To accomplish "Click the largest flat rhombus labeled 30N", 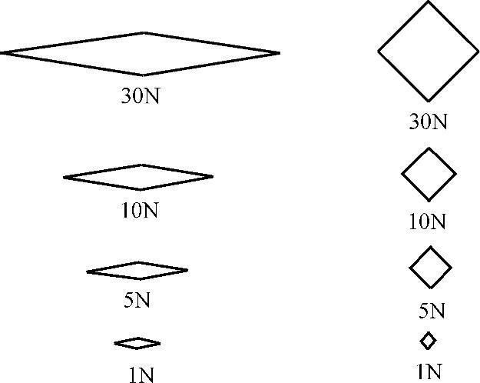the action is point(141,54).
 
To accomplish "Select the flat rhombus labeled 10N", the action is point(138,177).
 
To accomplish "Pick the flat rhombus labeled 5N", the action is point(137,271).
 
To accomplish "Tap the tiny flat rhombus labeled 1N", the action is point(137,343).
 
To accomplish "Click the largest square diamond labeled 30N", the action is point(429,52).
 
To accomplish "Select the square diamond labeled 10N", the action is point(429,175).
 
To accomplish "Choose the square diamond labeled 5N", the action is point(431,268).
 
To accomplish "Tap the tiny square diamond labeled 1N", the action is point(428,340).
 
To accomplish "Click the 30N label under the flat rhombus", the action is point(141,98).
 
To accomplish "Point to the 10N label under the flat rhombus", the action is point(139,210).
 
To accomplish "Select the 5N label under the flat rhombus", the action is point(137,300).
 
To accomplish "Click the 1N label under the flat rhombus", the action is point(141,375).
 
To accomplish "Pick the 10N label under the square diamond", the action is point(427,222).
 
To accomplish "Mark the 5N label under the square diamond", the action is point(432,311).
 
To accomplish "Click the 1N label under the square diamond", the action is point(429,371).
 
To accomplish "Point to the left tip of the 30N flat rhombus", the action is point(2,53).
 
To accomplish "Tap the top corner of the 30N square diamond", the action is point(429,2).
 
